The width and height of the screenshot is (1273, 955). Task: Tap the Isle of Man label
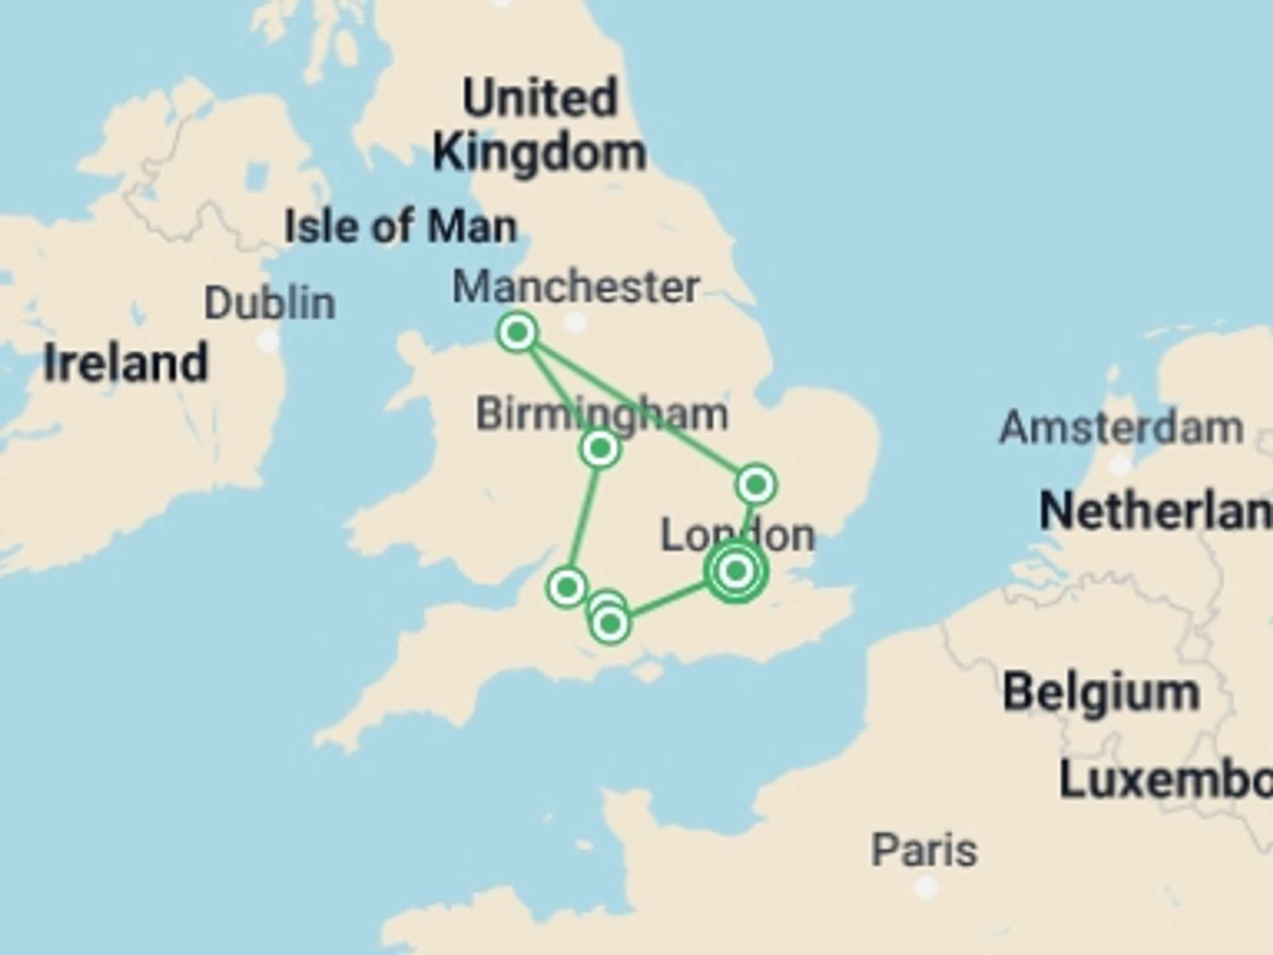400,227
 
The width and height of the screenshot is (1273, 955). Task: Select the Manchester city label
576,287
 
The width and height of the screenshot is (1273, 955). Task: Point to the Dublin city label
270,304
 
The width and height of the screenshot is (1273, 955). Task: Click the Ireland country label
126,363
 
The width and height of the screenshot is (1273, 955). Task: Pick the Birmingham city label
602,414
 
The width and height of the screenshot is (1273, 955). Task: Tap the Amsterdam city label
1121,428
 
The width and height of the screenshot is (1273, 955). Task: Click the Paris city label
924,851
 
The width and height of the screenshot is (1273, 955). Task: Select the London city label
737,536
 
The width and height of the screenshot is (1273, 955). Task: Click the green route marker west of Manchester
517,332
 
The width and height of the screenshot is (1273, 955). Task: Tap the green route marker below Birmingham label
600,449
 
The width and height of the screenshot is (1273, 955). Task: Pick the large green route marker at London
736,571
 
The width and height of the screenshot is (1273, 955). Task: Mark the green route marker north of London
756,485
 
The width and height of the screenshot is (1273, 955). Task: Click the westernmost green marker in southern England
567,587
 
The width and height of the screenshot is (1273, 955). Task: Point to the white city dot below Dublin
268,341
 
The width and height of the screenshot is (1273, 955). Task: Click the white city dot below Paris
926,887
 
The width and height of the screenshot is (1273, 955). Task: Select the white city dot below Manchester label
575,323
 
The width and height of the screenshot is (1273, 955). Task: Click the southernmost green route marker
610,624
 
